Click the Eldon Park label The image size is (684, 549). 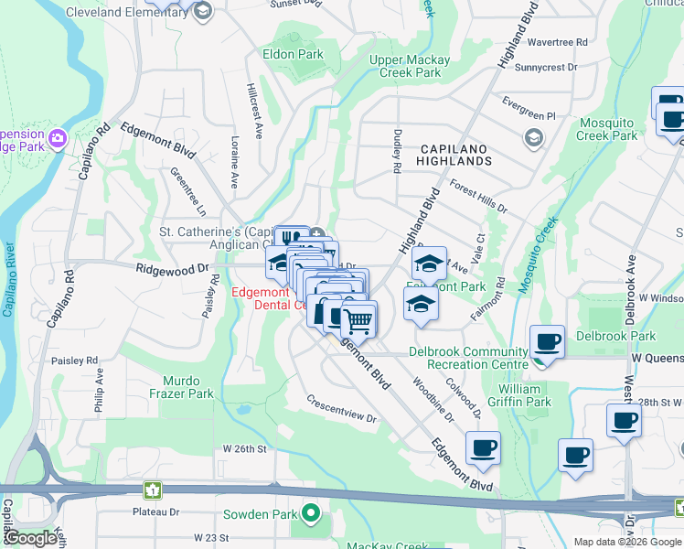[293, 54]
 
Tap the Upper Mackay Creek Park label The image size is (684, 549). [410, 66]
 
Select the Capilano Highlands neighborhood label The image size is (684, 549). [456, 154]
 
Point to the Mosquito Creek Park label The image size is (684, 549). [607, 129]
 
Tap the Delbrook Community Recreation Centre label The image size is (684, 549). [468, 359]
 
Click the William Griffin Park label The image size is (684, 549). [526, 395]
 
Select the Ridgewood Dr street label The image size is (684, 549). [173, 269]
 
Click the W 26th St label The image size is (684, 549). [244, 449]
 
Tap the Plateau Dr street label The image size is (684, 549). [155, 512]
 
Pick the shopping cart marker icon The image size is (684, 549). [359, 319]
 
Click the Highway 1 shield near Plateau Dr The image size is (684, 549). [154, 490]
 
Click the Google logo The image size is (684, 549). [31, 538]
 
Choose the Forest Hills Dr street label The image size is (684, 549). [478, 200]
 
